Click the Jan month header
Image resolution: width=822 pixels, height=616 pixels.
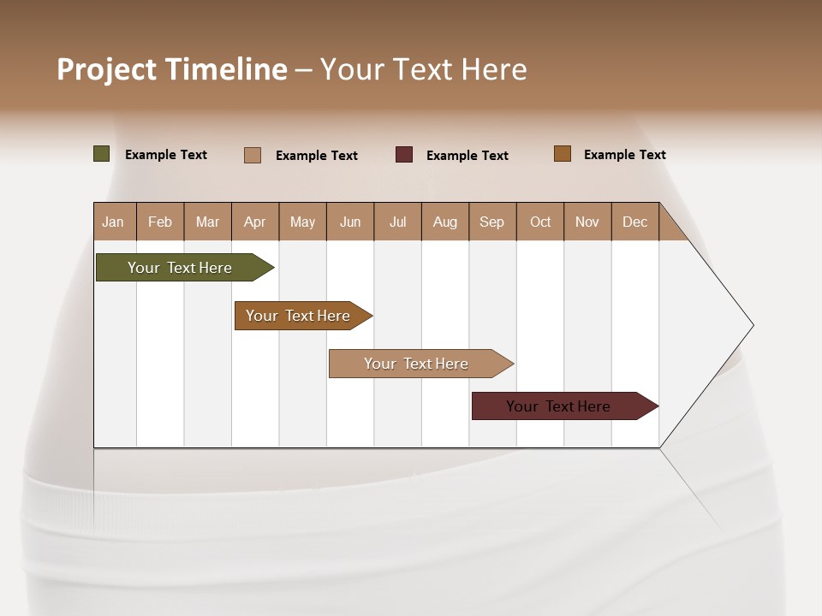tap(113, 222)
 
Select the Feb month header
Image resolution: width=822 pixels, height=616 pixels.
tap(160, 222)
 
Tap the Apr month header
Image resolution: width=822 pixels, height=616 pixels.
tap(255, 222)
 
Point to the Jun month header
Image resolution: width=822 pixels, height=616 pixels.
tap(350, 222)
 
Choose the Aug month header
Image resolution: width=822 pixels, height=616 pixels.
tap(445, 222)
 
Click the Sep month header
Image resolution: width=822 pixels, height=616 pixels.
tap(492, 222)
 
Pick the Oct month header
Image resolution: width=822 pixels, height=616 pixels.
tap(540, 222)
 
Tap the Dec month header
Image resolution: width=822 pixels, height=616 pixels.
tap(635, 222)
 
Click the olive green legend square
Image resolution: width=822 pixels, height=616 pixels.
tap(102, 154)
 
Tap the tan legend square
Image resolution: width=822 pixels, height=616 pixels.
tap(253, 155)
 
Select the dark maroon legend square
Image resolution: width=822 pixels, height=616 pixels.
tap(404, 154)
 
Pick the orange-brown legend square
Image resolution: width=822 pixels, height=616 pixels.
tap(563, 154)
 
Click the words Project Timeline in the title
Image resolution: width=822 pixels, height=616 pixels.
tap(171, 69)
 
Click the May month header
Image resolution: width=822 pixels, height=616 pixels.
tap(302, 222)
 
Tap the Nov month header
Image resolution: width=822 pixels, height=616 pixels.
tap(587, 222)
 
